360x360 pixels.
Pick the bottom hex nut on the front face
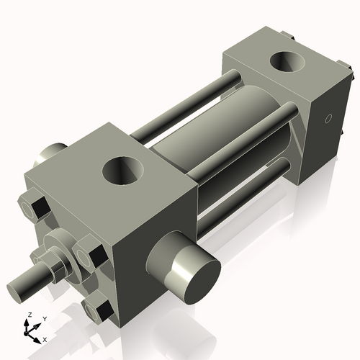click(96, 310)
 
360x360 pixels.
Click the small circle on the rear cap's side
click(328, 119)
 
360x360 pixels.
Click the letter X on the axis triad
click(45, 338)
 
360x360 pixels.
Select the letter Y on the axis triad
click(44, 318)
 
